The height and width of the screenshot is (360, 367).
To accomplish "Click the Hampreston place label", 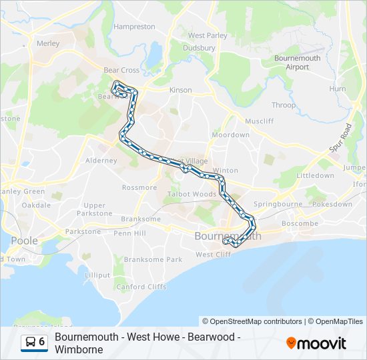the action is click(x=134, y=27).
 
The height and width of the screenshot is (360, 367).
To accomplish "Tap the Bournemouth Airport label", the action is click(x=298, y=63).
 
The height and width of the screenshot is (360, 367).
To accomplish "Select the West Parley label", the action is click(x=208, y=35).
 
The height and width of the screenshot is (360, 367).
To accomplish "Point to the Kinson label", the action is click(x=181, y=90).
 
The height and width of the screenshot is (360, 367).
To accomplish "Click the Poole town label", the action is click(x=24, y=241).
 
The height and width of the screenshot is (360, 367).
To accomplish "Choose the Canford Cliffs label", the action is click(x=141, y=287).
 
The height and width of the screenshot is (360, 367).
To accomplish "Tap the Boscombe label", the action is click(x=300, y=223).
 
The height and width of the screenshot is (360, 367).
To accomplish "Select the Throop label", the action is click(x=283, y=105).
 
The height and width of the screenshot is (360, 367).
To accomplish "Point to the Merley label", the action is click(x=49, y=43).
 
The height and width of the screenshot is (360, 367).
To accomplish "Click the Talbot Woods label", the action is click(x=192, y=194).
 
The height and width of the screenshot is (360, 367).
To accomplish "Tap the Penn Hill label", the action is click(x=129, y=233).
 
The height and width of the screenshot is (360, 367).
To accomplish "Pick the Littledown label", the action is click(x=315, y=175).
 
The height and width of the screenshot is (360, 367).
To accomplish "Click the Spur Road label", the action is click(x=340, y=137).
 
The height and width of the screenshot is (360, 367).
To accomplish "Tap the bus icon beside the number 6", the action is click(x=31, y=342).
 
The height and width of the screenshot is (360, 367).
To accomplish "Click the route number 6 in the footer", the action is click(x=41, y=342).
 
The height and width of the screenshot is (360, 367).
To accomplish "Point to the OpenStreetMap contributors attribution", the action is click(x=252, y=321).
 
